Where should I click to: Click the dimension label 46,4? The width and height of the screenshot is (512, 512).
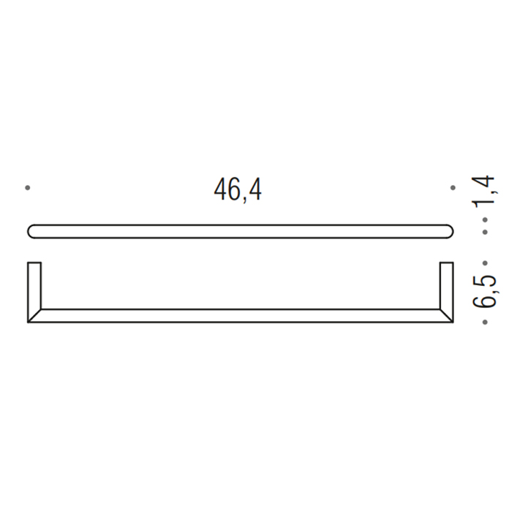pos(238,190)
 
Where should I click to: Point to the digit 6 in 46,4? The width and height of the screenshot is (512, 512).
pos(230,190)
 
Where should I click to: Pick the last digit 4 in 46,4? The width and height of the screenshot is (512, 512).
pos(253,190)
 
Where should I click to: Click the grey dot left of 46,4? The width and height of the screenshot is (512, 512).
pos(28,188)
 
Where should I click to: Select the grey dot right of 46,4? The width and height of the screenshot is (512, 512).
pos(453,188)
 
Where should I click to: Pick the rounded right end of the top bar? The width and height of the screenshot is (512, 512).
pos(448,231)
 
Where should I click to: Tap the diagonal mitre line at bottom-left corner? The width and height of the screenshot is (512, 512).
pos(34,315)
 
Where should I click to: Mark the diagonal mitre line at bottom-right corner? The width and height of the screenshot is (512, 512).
pos(446,315)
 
